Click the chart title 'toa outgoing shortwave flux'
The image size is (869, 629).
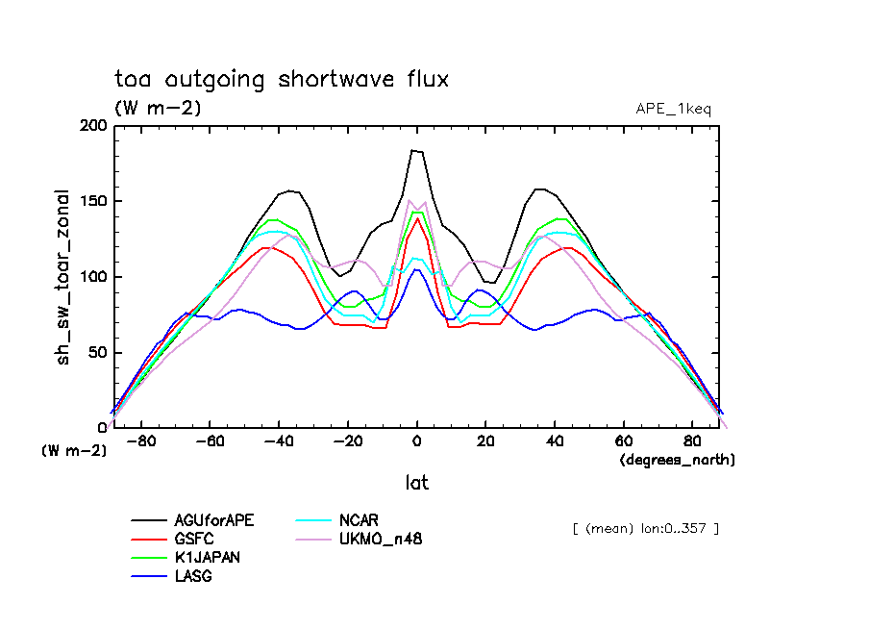(x=282, y=79)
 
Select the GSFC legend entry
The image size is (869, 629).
(x=196, y=539)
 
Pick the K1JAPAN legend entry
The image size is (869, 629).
(x=208, y=557)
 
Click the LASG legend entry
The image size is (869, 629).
(x=193, y=576)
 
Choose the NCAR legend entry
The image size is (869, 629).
(x=360, y=520)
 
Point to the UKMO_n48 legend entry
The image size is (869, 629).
(x=381, y=539)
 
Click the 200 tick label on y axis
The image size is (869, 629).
(x=94, y=126)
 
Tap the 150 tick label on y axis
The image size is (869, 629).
(x=94, y=202)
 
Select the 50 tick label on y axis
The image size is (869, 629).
(x=98, y=353)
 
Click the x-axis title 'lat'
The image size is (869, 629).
(x=416, y=483)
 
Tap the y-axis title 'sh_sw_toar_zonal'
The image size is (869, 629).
(x=64, y=278)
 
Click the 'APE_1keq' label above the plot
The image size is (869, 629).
(x=673, y=109)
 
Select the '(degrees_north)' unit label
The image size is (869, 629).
(x=678, y=460)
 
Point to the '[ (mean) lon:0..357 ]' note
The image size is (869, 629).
(x=645, y=528)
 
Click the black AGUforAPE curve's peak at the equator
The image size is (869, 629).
(x=416, y=150)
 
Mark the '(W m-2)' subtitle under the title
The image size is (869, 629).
(x=158, y=108)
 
